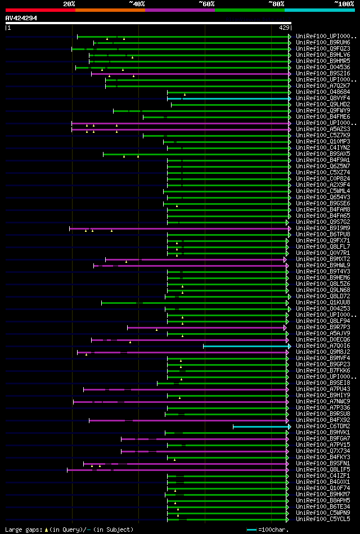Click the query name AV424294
(21, 18)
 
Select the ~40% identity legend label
(137, 3)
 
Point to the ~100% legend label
(344, 3)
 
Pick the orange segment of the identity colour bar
(110, 10)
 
